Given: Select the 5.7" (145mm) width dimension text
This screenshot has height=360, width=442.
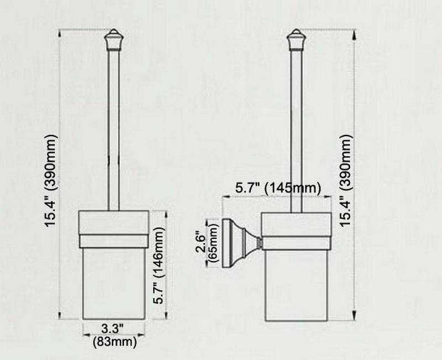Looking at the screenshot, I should [278, 188].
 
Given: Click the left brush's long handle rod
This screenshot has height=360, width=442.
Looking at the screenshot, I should [113, 127].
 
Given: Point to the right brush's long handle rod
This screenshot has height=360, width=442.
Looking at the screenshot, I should [297, 127].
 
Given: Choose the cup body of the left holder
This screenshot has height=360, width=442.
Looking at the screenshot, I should [113, 282].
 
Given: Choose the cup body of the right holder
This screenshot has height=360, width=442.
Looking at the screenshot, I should [297, 282].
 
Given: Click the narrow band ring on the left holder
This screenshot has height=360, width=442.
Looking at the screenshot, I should [113, 240].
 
